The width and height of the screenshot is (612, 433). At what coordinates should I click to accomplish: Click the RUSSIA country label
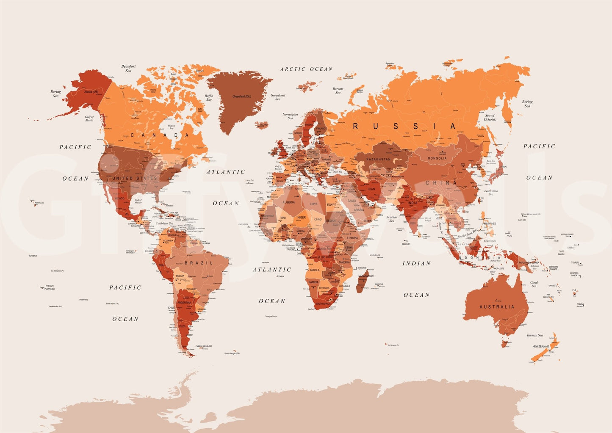pos(404,126)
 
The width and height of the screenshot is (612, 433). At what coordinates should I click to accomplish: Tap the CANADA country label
pos(160,135)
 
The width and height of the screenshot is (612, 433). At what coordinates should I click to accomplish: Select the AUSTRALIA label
pos(497,307)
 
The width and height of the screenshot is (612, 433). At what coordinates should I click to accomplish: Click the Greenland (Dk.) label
pos(242,97)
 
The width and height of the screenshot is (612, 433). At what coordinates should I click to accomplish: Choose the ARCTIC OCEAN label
pos(306,69)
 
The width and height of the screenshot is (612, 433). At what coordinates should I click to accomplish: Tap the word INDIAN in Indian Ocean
pos(416,263)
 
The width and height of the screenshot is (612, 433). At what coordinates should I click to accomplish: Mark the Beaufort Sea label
pos(128,69)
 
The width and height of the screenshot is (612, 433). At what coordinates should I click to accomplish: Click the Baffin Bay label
pos(209,98)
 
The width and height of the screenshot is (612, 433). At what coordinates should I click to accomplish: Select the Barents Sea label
pos(338,91)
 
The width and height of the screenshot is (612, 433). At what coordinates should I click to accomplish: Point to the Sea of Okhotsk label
pos(490,117)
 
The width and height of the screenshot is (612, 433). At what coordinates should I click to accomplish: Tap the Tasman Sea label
pos(534,335)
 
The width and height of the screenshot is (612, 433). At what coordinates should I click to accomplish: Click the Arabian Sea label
pos(392,219)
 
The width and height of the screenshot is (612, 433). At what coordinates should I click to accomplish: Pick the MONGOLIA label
pos(437,158)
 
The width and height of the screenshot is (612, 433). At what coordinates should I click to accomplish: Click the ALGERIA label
pos(288,202)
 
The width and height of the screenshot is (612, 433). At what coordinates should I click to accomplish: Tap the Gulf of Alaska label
pos(89,119)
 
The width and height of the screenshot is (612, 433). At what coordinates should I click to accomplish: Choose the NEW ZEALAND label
pos(540,347)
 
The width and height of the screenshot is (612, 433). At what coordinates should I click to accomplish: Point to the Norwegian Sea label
pos(290,116)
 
